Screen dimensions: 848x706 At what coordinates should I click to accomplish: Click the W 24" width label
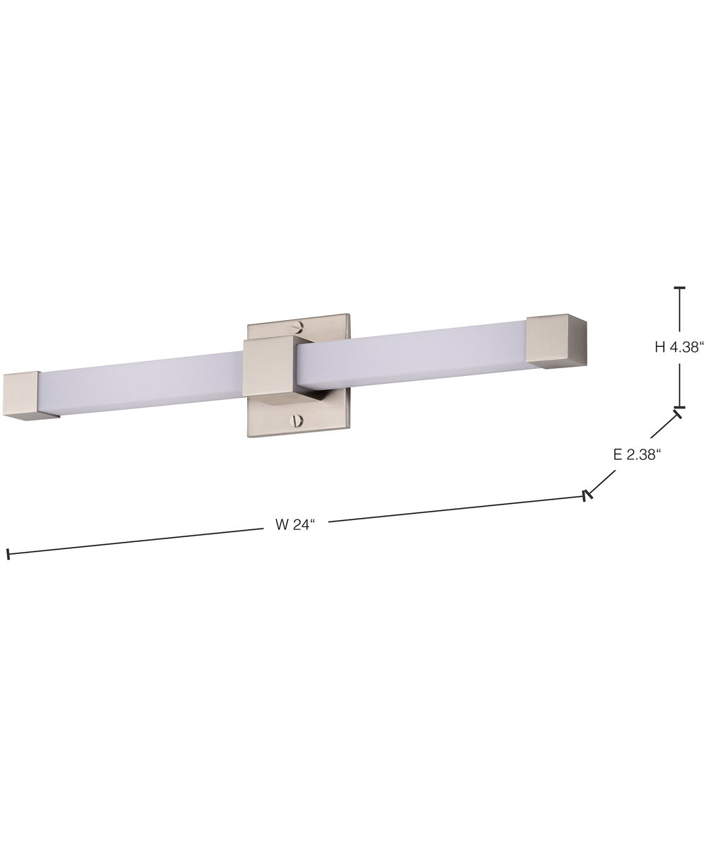294,525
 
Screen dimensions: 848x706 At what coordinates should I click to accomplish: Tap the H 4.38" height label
679,347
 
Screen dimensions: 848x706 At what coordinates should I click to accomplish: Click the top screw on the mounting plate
299,326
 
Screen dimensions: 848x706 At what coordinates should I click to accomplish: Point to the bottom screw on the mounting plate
297,421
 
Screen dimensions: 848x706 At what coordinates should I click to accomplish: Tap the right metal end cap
556,341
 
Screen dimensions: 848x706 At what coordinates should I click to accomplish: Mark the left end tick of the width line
8,555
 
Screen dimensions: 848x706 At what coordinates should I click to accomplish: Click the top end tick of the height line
680,288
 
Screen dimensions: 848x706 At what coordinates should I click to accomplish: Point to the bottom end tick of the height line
680,408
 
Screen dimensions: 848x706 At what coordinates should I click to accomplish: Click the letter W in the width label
280,525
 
